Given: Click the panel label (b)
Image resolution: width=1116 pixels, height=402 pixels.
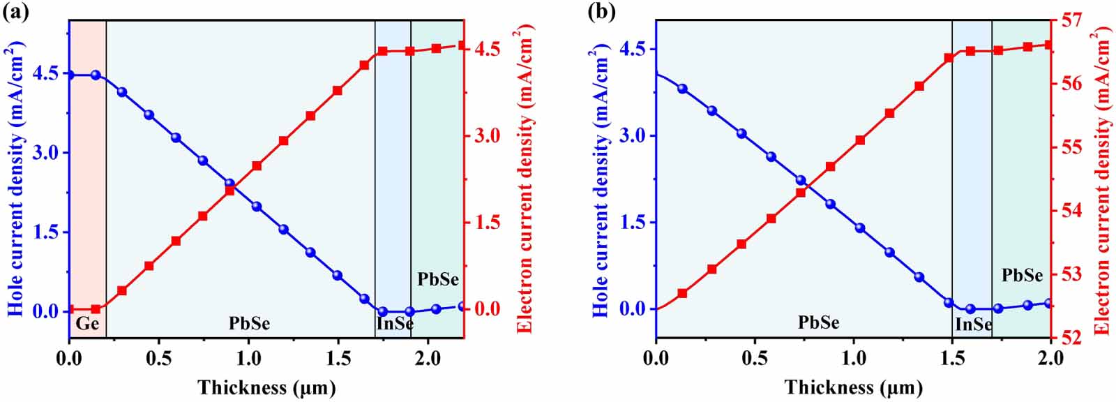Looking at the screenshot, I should tap(601, 13).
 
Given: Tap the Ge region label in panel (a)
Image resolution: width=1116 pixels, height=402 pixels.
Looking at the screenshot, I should tap(87, 324).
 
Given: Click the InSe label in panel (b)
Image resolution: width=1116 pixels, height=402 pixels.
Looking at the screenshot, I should tap(974, 325).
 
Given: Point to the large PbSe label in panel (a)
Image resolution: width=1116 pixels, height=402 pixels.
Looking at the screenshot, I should tap(249, 324).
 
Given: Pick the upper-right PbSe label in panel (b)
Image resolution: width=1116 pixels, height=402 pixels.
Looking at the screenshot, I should tap(1022, 276).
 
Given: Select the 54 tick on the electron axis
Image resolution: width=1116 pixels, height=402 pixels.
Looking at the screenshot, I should tap(1069, 210).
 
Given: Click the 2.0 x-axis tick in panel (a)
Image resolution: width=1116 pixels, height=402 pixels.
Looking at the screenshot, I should tap(428, 358).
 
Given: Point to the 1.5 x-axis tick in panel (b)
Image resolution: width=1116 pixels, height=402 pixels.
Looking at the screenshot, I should tap(951, 358).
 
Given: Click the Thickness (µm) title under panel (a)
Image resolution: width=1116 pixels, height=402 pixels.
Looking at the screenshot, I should tap(266, 387).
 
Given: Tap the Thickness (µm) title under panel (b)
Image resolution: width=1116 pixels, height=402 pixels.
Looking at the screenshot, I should tap(853, 387).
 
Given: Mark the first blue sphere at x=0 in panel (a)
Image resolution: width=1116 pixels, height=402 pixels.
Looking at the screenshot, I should tap(70, 75).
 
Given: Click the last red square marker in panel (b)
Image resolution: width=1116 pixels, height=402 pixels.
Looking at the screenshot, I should tap(1049, 45).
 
